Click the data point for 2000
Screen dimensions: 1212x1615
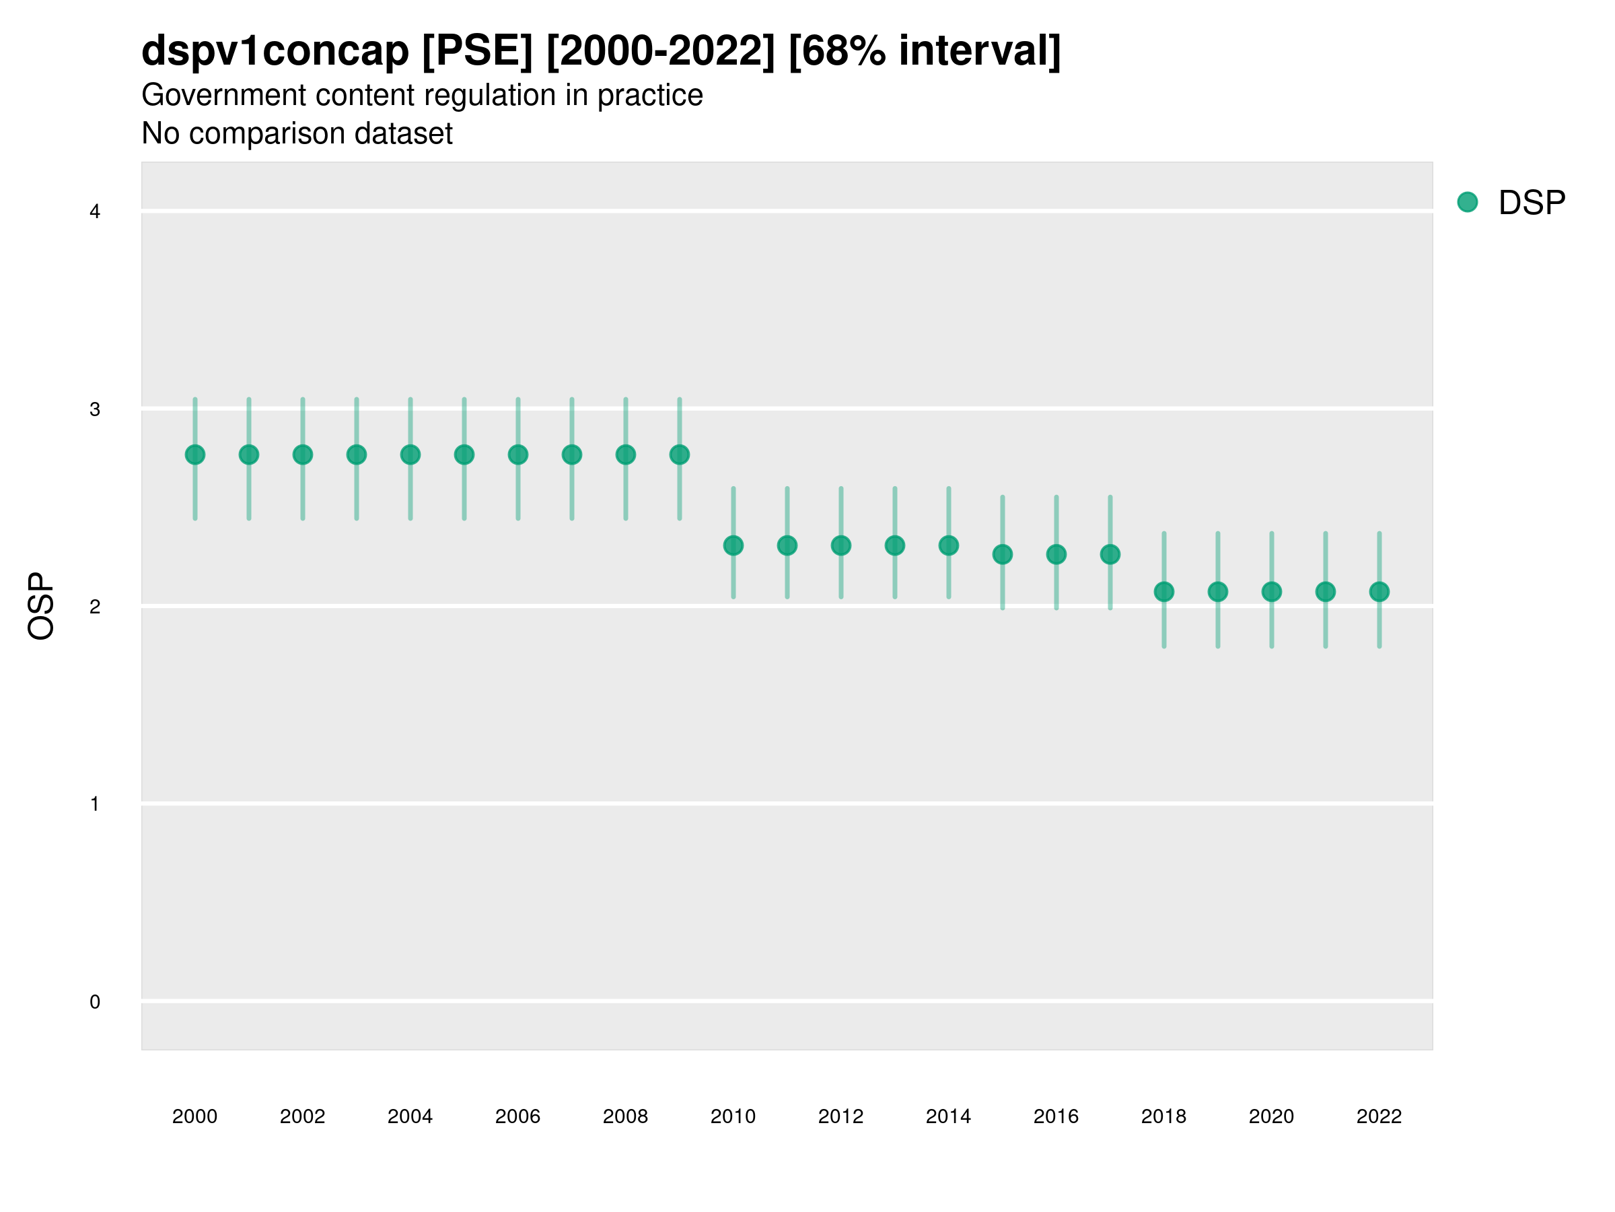195,454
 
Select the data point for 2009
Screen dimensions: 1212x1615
679,454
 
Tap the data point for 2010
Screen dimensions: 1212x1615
733,545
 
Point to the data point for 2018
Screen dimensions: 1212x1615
1163,591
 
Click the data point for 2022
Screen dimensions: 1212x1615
1379,591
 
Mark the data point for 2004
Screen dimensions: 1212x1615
410,454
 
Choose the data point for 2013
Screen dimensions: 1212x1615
894,545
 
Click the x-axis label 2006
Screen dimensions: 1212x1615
517,1116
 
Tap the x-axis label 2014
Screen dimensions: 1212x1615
948,1116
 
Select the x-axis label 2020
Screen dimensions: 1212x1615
1271,1116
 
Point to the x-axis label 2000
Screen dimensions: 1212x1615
195,1116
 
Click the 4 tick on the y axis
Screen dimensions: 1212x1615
95,212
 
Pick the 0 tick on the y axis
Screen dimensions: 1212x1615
95,1002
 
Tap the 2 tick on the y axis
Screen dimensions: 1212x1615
95,607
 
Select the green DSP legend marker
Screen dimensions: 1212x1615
1467,201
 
